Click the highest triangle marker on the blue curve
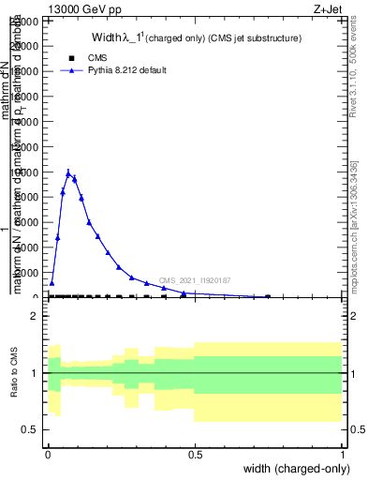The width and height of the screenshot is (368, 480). tap(68, 172)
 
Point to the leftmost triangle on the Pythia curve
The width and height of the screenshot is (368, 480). tap(52, 282)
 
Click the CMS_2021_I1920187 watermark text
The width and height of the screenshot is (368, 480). tap(195, 280)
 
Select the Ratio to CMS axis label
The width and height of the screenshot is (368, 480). tap(16, 372)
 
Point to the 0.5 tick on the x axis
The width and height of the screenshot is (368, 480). tap(195, 454)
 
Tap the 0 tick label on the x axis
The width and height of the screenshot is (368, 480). tap(47, 454)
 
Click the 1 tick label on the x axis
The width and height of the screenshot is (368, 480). tap(343, 454)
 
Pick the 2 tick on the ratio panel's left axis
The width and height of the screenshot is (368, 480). tap(36, 316)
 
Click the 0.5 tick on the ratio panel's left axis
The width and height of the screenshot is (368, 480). tap(30, 429)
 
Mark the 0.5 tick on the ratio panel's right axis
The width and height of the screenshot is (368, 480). tap(344, 429)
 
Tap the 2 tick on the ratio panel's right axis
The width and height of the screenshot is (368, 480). tap(344, 316)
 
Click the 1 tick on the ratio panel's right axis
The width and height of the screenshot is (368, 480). tap(344, 373)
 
